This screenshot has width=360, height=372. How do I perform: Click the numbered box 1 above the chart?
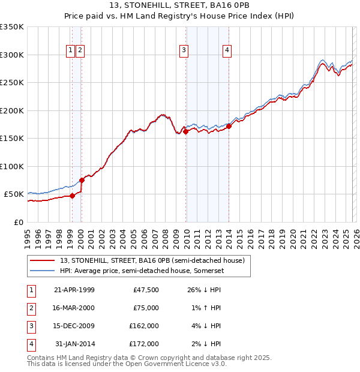click(71, 51)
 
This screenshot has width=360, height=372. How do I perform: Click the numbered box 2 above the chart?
click(80, 51)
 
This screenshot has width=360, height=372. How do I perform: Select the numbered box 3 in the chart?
click(183, 51)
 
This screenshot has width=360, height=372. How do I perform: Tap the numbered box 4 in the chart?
click(227, 51)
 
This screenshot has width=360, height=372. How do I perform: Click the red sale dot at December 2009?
click(186, 132)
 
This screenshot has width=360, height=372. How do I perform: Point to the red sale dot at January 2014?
click(229, 126)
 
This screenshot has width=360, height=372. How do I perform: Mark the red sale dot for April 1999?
click(73, 196)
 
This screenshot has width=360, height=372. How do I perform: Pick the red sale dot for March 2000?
click(82, 180)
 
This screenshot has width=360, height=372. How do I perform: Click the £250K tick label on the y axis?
click(12, 83)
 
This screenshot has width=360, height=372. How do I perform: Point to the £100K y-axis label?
click(12, 166)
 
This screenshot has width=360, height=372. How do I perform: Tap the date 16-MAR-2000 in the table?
click(74, 308)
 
